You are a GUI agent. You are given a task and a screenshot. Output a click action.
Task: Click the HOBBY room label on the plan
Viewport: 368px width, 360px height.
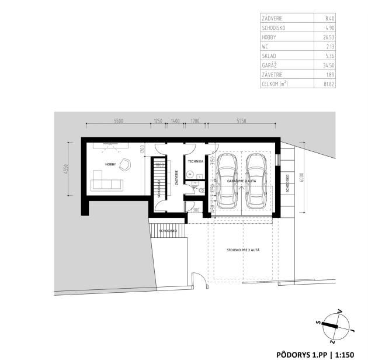pyautogui.click(x=109, y=164)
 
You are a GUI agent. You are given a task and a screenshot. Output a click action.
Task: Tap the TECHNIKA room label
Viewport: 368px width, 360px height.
pyautogui.click(x=195, y=161)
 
